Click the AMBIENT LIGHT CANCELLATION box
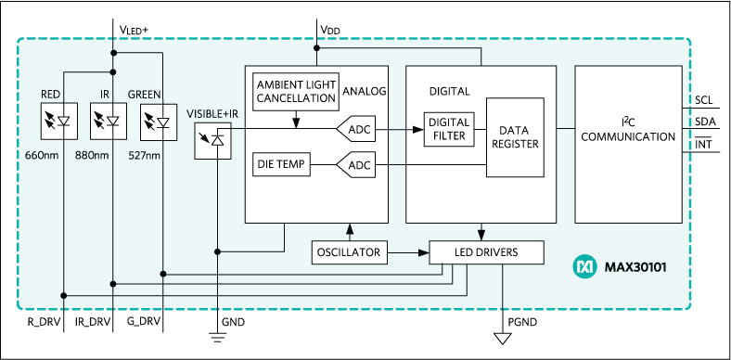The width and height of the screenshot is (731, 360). click(295, 91)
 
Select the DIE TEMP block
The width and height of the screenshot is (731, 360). click(281, 165)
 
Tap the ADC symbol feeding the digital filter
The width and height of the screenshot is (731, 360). click(355, 129)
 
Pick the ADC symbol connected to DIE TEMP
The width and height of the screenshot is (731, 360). click(355, 165)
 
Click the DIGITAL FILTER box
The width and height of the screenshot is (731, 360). click(448, 129)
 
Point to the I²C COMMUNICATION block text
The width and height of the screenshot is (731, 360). click(635, 130)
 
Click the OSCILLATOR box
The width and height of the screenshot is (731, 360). click(349, 251)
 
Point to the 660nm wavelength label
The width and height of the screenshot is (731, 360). click(43, 155)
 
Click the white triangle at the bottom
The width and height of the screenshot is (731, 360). click(505, 337)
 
